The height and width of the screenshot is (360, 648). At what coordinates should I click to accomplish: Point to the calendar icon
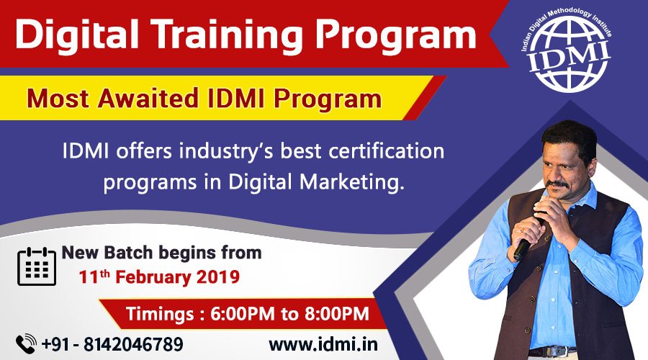[36, 266]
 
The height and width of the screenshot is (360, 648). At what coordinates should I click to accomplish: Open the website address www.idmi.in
[323, 344]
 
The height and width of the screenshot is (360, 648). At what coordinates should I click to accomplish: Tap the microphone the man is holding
[524, 246]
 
